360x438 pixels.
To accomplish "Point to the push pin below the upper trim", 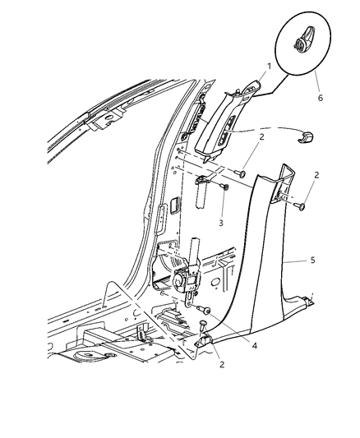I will pyautogui.click(x=240, y=173).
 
